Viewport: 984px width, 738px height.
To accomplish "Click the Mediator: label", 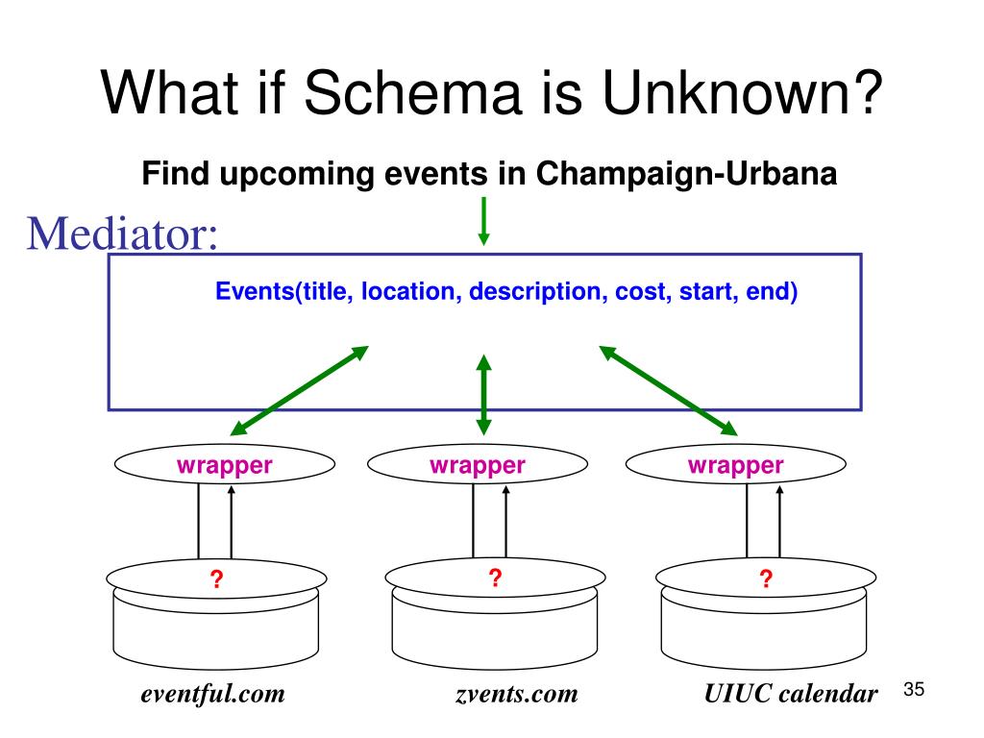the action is [122, 233].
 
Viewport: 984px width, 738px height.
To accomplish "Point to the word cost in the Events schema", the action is [640, 290].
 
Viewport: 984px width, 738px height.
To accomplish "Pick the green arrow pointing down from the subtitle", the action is [483, 220].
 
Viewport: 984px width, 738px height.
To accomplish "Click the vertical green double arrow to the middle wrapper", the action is [483, 394].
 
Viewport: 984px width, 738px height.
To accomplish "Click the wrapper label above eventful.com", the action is [224, 466].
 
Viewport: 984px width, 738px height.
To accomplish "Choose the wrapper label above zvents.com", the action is [478, 466].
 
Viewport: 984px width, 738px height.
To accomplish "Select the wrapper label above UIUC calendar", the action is [735, 466].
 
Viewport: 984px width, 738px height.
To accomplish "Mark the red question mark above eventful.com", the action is [217, 578].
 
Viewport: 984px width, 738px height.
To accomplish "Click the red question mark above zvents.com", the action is [494, 578].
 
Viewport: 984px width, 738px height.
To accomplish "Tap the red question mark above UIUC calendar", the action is [766, 578].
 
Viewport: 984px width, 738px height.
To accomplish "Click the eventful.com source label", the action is [213, 694].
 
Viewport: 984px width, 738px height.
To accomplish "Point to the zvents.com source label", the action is [517, 694].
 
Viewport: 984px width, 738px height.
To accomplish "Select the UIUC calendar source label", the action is [791, 694].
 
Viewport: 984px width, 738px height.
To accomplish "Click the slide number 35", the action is [914, 690].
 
